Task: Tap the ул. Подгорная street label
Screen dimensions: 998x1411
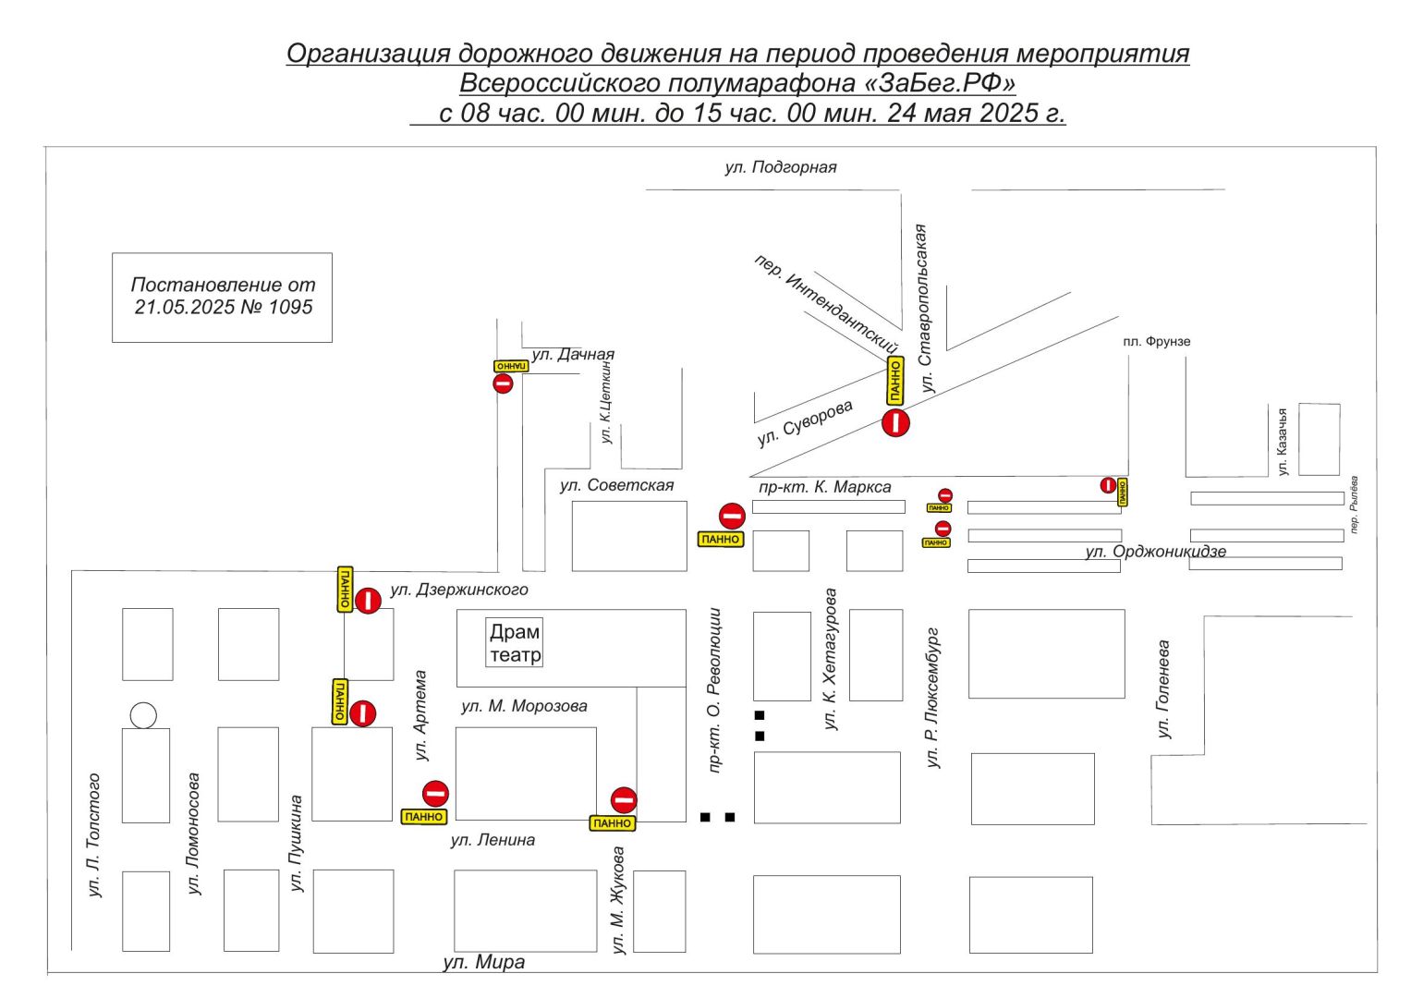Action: coord(781,167)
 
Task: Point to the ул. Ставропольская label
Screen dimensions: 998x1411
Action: coord(923,309)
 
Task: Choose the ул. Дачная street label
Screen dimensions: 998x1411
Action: coord(573,354)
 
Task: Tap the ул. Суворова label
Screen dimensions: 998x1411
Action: coord(805,423)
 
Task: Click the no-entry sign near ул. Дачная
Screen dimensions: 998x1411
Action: coord(503,383)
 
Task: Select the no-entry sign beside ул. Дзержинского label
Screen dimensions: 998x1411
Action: coord(368,601)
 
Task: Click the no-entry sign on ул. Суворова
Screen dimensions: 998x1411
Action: coord(895,423)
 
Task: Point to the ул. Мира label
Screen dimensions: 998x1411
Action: coord(483,962)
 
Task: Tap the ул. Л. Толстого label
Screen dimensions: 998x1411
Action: coord(93,835)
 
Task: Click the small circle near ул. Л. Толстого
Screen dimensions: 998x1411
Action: coord(143,715)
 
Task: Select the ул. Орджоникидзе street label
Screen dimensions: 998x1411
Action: coord(1155,552)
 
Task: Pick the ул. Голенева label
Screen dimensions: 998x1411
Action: coord(1164,689)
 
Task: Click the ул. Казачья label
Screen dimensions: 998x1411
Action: coord(1283,443)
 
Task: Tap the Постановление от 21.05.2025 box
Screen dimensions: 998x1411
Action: coord(222,297)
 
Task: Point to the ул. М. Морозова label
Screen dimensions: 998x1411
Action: coord(524,706)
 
